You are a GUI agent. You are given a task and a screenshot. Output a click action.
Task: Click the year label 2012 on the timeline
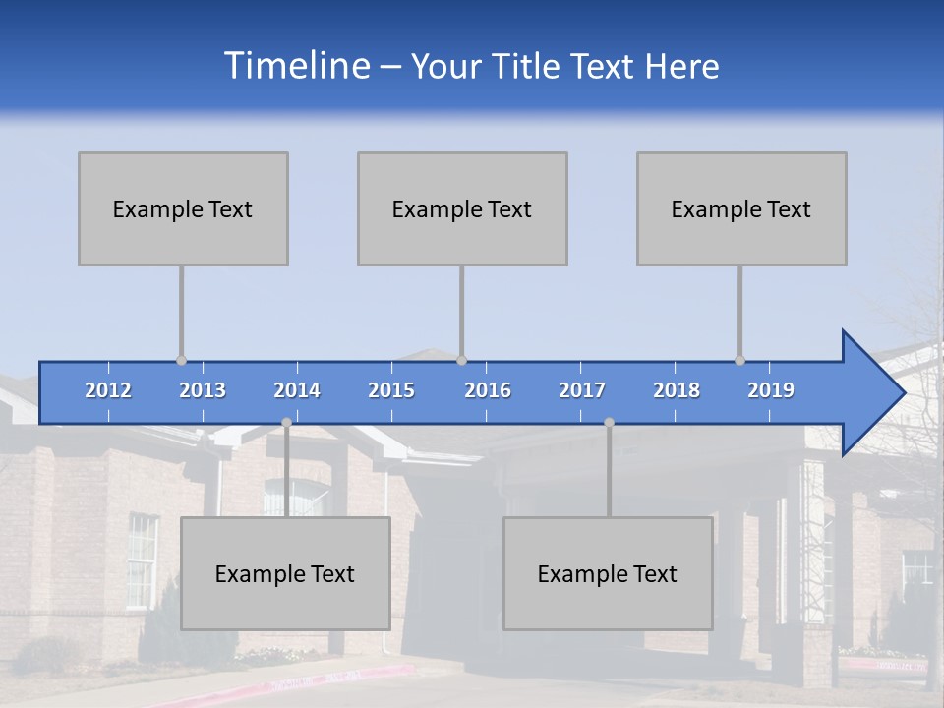(x=108, y=390)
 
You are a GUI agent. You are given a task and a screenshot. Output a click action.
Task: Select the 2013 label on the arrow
(x=203, y=390)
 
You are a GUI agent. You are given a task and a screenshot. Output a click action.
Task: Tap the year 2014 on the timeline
(x=297, y=390)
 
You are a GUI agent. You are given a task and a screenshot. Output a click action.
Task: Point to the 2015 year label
(x=391, y=390)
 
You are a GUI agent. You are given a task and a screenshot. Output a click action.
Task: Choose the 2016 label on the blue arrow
(x=488, y=390)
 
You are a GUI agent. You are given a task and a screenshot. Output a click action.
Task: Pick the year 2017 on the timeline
(x=582, y=390)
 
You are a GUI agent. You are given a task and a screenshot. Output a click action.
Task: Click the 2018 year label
(x=677, y=390)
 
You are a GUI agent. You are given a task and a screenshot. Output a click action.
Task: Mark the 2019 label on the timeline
(x=771, y=390)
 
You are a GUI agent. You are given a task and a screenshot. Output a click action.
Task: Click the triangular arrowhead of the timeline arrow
(x=871, y=393)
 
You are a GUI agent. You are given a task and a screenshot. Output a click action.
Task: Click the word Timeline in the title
(x=295, y=66)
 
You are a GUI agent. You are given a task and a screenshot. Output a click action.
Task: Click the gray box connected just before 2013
(x=183, y=208)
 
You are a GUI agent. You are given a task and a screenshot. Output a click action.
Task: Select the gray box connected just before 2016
(x=462, y=208)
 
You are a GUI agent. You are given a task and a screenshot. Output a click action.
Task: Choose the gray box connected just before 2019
(x=741, y=208)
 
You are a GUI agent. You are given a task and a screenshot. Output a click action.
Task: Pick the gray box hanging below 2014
(x=285, y=573)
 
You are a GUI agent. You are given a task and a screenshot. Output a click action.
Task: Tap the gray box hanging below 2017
(x=608, y=573)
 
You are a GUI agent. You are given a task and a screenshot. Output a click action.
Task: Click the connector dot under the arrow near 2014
(x=286, y=423)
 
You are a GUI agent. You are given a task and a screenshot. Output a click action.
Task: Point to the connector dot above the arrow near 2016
(x=461, y=360)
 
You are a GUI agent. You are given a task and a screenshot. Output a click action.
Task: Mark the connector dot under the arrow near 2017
(x=609, y=423)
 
